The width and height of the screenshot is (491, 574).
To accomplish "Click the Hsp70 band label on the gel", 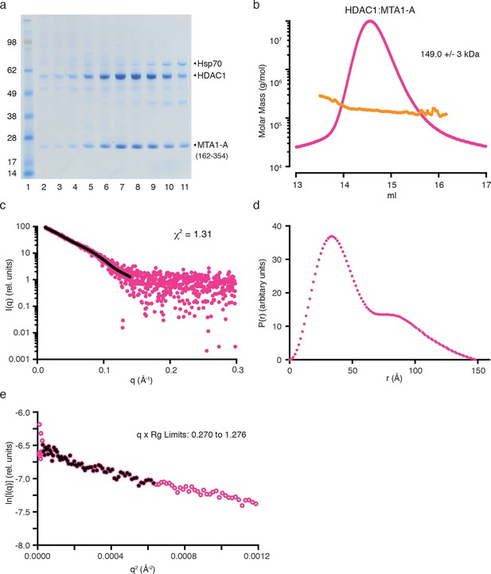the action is [209, 64].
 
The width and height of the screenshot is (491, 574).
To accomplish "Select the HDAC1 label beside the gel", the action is [212, 76].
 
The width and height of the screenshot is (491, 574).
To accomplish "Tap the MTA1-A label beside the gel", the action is [212, 145].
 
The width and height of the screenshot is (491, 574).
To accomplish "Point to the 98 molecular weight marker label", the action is [12, 42].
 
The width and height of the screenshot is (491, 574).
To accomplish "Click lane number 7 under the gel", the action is [122, 187].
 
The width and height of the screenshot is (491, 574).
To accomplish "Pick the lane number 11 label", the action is [185, 187].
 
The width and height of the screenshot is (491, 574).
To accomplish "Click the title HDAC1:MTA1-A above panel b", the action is [380, 10].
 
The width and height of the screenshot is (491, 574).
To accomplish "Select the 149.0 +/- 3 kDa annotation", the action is [450, 54].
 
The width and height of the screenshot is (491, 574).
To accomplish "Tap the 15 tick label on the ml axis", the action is [392, 185].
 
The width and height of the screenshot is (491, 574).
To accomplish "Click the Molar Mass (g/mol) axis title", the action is [262, 101].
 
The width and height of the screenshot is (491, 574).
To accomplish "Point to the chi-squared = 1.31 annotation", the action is [193, 233].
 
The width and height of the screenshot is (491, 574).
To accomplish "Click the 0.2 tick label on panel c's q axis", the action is [170, 370].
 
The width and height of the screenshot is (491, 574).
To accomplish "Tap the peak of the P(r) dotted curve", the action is [332, 236].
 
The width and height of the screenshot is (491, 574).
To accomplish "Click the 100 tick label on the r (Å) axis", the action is [415, 370].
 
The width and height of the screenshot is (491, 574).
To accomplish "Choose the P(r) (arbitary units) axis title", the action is [263, 293].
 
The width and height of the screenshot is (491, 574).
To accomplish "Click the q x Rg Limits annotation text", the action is [191, 435].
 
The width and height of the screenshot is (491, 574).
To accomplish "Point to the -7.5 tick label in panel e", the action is [24, 512].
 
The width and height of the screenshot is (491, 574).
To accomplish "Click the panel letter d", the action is [256, 205].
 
